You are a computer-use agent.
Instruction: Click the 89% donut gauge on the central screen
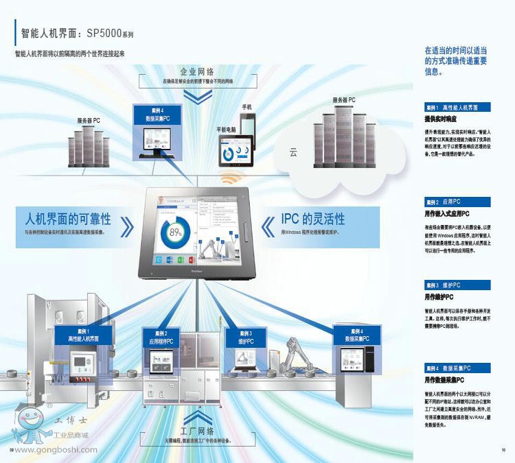click(176, 232)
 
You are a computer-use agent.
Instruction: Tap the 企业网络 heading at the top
click(198, 71)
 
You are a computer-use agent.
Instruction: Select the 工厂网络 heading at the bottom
click(198, 431)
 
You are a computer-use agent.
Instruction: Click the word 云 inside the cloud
click(293, 152)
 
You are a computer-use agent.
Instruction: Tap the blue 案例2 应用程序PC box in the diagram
click(163, 336)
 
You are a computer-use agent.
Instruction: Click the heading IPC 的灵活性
click(313, 219)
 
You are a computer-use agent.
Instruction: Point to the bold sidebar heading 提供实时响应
click(442, 119)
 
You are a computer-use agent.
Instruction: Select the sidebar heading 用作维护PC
click(439, 297)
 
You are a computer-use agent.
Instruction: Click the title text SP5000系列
click(110, 32)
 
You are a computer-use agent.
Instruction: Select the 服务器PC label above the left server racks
click(89, 121)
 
